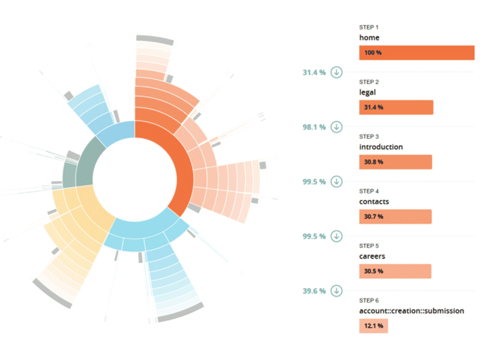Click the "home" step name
[369, 38]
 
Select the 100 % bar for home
[417, 53]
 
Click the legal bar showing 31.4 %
[396, 107]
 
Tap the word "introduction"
[381, 147]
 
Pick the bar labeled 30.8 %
[395, 162]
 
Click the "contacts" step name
[374, 202]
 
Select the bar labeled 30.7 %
[395, 216]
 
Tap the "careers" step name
[372, 256]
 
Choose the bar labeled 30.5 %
[395, 271]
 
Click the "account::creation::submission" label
[412, 311]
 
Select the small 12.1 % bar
[373, 326]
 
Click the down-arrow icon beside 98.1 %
[337, 127]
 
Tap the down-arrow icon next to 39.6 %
[337, 291]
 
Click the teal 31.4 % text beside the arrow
[314, 72]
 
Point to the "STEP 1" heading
[369, 27]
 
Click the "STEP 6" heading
[369, 301]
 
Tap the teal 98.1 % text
[314, 127]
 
